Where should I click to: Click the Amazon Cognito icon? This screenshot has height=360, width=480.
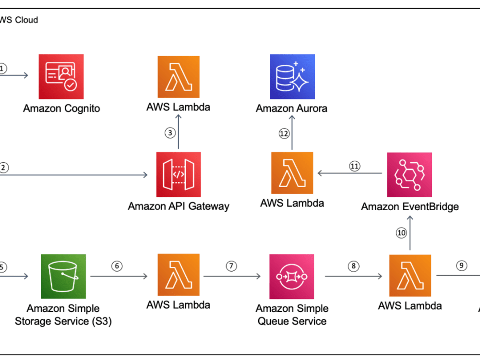pyautogui.click(x=61, y=76)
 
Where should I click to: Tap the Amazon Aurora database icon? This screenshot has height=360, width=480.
pyautogui.click(x=292, y=76)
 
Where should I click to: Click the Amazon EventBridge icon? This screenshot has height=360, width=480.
pyautogui.click(x=409, y=175)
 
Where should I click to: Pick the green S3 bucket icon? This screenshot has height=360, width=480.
pyautogui.click(x=63, y=276)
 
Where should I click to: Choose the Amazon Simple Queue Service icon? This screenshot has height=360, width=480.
pyautogui.click(x=292, y=276)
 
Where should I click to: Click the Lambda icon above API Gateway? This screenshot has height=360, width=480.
pyautogui.click(x=178, y=76)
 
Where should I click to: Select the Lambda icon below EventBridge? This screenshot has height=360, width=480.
pyautogui.click(x=409, y=276)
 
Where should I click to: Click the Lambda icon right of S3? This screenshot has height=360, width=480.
pyautogui.click(x=178, y=276)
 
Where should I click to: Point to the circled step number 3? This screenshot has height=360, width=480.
pyautogui.click(x=170, y=133)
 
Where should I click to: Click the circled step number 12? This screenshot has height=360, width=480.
pyautogui.click(x=284, y=133)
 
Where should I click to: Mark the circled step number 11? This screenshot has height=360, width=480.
pyautogui.click(x=355, y=166)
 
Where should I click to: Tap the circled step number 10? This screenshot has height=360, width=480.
pyautogui.click(x=401, y=233)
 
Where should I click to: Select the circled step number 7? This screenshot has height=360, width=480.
pyautogui.click(x=232, y=266)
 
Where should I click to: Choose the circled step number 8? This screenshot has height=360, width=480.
pyautogui.click(x=353, y=266)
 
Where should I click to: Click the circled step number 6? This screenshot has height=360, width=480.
pyautogui.click(x=117, y=266)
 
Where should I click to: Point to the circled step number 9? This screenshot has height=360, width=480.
pyautogui.click(x=461, y=266)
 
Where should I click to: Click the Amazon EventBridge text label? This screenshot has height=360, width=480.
pyautogui.click(x=409, y=207)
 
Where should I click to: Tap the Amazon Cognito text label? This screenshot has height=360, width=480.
pyautogui.click(x=61, y=108)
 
